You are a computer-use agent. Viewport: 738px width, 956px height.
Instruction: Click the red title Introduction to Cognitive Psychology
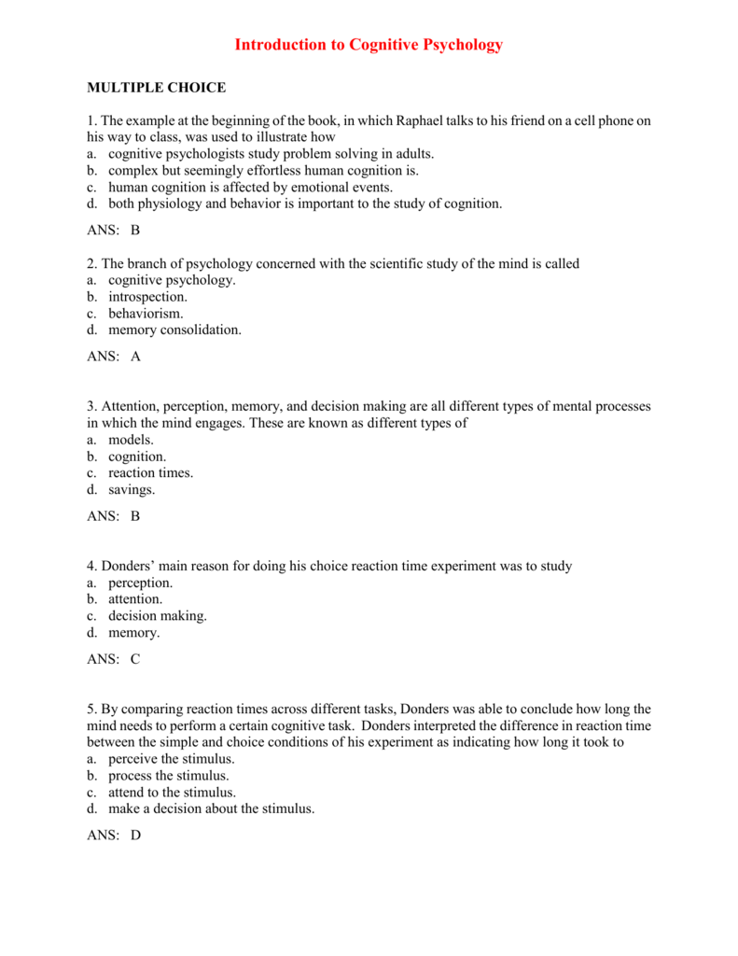(369, 45)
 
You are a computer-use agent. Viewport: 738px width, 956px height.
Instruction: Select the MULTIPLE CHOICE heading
(156, 88)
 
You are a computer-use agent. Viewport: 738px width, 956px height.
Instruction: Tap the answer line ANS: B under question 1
(113, 231)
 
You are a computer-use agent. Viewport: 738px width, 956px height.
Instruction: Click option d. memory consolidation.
(164, 330)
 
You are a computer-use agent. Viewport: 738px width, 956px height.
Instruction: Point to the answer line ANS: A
(113, 356)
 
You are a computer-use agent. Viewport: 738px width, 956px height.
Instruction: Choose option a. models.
(120, 440)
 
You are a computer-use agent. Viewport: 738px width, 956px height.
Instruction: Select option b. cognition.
(127, 457)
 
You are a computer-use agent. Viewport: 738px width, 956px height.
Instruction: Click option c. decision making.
(147, 616)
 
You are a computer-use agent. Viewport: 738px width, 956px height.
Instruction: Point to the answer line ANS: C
(113, 658)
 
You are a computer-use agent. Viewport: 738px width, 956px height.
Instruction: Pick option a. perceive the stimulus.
(160, 759)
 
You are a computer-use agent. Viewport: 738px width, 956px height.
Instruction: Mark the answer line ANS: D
(113, 836)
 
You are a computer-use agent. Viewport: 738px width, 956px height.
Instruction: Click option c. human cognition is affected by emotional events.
(238, 187)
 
